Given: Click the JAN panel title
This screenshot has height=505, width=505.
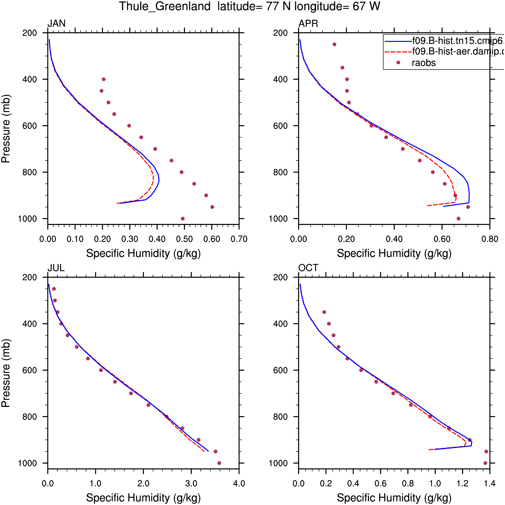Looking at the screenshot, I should click(56, 24).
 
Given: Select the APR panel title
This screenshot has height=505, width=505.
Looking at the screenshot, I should click(308, 24).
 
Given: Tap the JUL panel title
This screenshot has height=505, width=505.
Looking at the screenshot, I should click(56, 268).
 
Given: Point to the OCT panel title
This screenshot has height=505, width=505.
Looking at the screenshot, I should click(308, 268).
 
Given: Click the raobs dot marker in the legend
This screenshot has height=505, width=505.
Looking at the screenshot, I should click(398, 62).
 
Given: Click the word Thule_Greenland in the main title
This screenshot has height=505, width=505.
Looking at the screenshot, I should click(165, 6).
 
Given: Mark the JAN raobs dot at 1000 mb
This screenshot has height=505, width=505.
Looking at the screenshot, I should click(183, 219).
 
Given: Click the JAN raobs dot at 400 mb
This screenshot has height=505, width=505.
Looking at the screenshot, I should click(104, 79).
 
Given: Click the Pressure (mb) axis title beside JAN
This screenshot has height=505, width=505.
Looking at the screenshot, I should click(6, 129).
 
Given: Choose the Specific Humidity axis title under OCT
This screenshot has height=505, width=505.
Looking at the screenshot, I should click(395, 498).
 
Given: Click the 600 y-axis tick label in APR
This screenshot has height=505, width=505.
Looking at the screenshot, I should click(280, 126).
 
